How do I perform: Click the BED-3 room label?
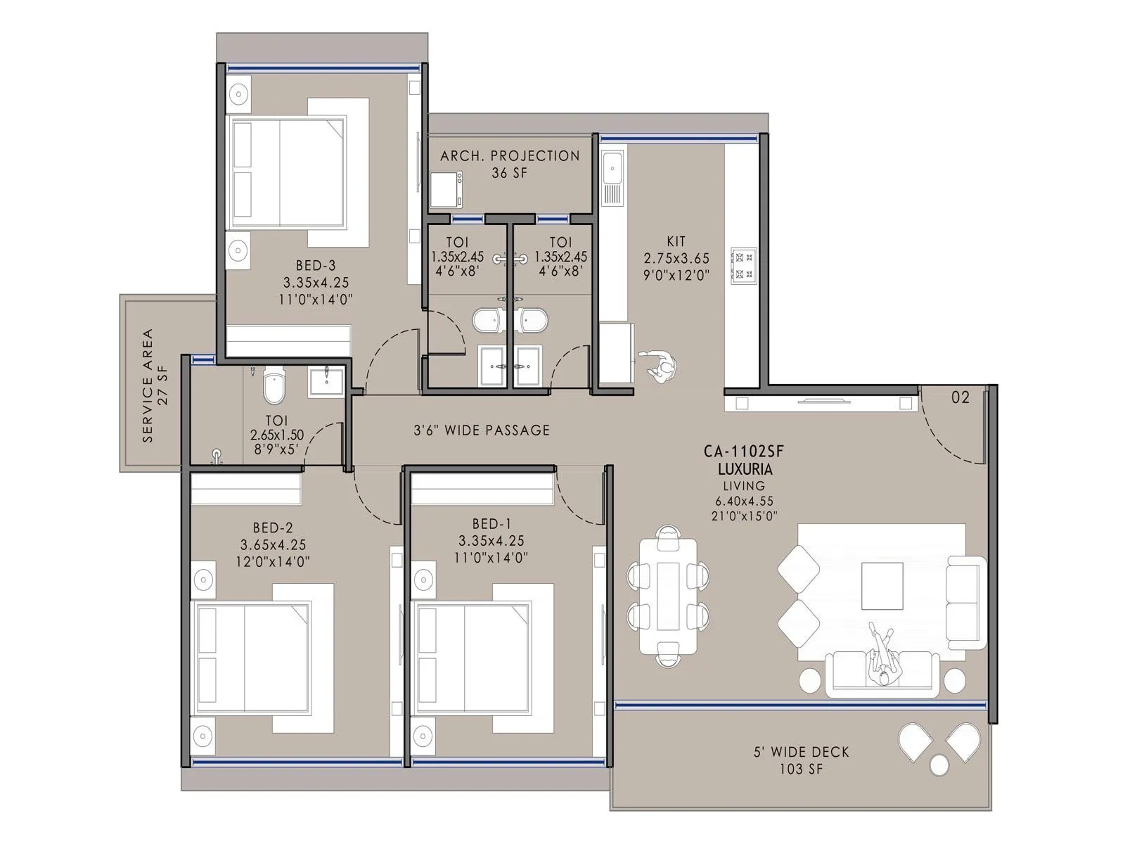[316, 266]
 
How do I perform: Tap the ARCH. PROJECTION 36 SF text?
[510, 164]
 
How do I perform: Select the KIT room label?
[676, 242]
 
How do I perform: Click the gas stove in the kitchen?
[743, 265]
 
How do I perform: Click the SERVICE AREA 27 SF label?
[155, 385]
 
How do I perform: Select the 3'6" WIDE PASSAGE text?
[482, 430]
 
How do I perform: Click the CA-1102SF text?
[744, 452]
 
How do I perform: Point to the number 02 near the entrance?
[960, 397]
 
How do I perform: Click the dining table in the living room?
[668, 596]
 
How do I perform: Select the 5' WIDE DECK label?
[801, 752]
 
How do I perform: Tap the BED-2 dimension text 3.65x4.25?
[273, 544]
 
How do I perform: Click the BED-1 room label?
[491, 524]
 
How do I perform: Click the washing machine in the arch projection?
[446, 190]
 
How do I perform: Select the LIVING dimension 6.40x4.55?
[744, 501]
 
